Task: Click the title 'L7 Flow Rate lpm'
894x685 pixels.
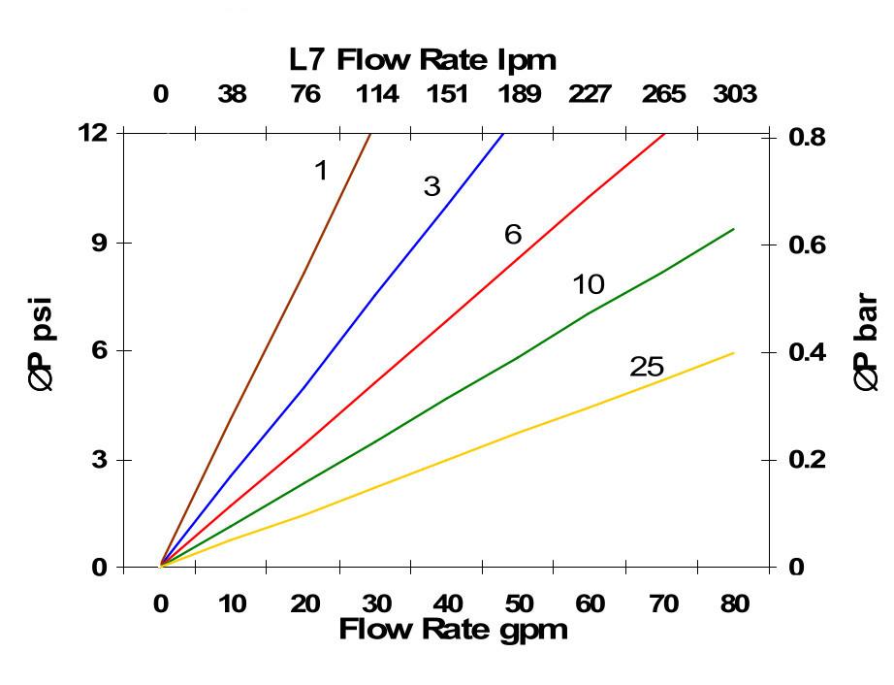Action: [x=423, y=60]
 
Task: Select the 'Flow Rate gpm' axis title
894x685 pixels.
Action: [x=452, y=630]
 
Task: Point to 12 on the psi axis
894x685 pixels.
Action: [x=93, y=133]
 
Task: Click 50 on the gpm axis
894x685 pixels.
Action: [x=518, y=604]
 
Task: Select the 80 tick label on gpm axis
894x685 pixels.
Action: [x=734, y=604]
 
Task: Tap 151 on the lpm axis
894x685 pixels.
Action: [x=446, y=94]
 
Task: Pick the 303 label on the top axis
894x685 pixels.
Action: [x=734, y=94]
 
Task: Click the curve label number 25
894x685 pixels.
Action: [x=646, y=367]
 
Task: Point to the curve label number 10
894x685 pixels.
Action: [x=588, y=284]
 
